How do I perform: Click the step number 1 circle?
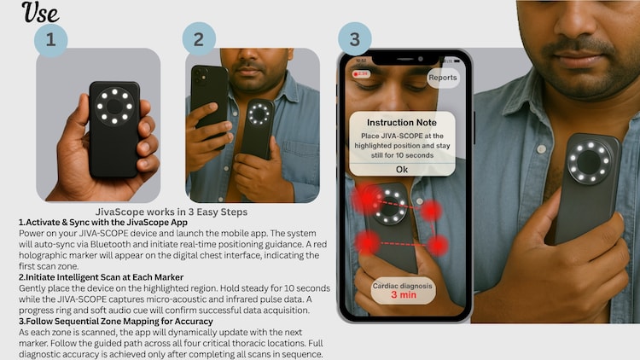coord(50,40)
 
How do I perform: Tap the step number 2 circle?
coord(199,40)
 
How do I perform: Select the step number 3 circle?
coord(355,40)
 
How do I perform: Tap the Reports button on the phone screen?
coord(442,78)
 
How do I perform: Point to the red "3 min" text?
coord(403,295)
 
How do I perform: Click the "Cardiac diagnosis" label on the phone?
coord(404,284)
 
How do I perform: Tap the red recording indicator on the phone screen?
coord(361,74)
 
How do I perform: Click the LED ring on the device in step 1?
coord(113,107)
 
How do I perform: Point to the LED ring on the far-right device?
coord(591,160)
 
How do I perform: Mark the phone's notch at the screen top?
coord(405,61)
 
